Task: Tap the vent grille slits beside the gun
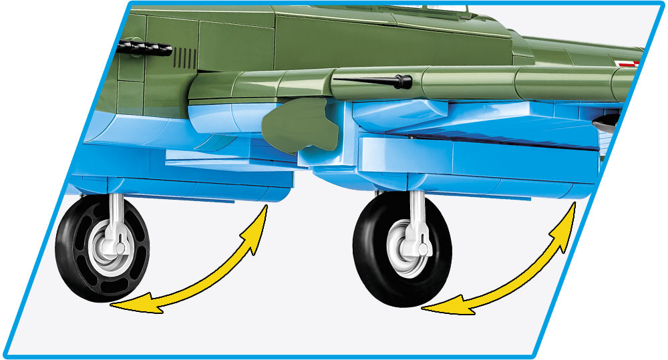(186, 58)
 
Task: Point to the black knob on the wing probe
(401, 81)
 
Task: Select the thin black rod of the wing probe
(364, 80)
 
